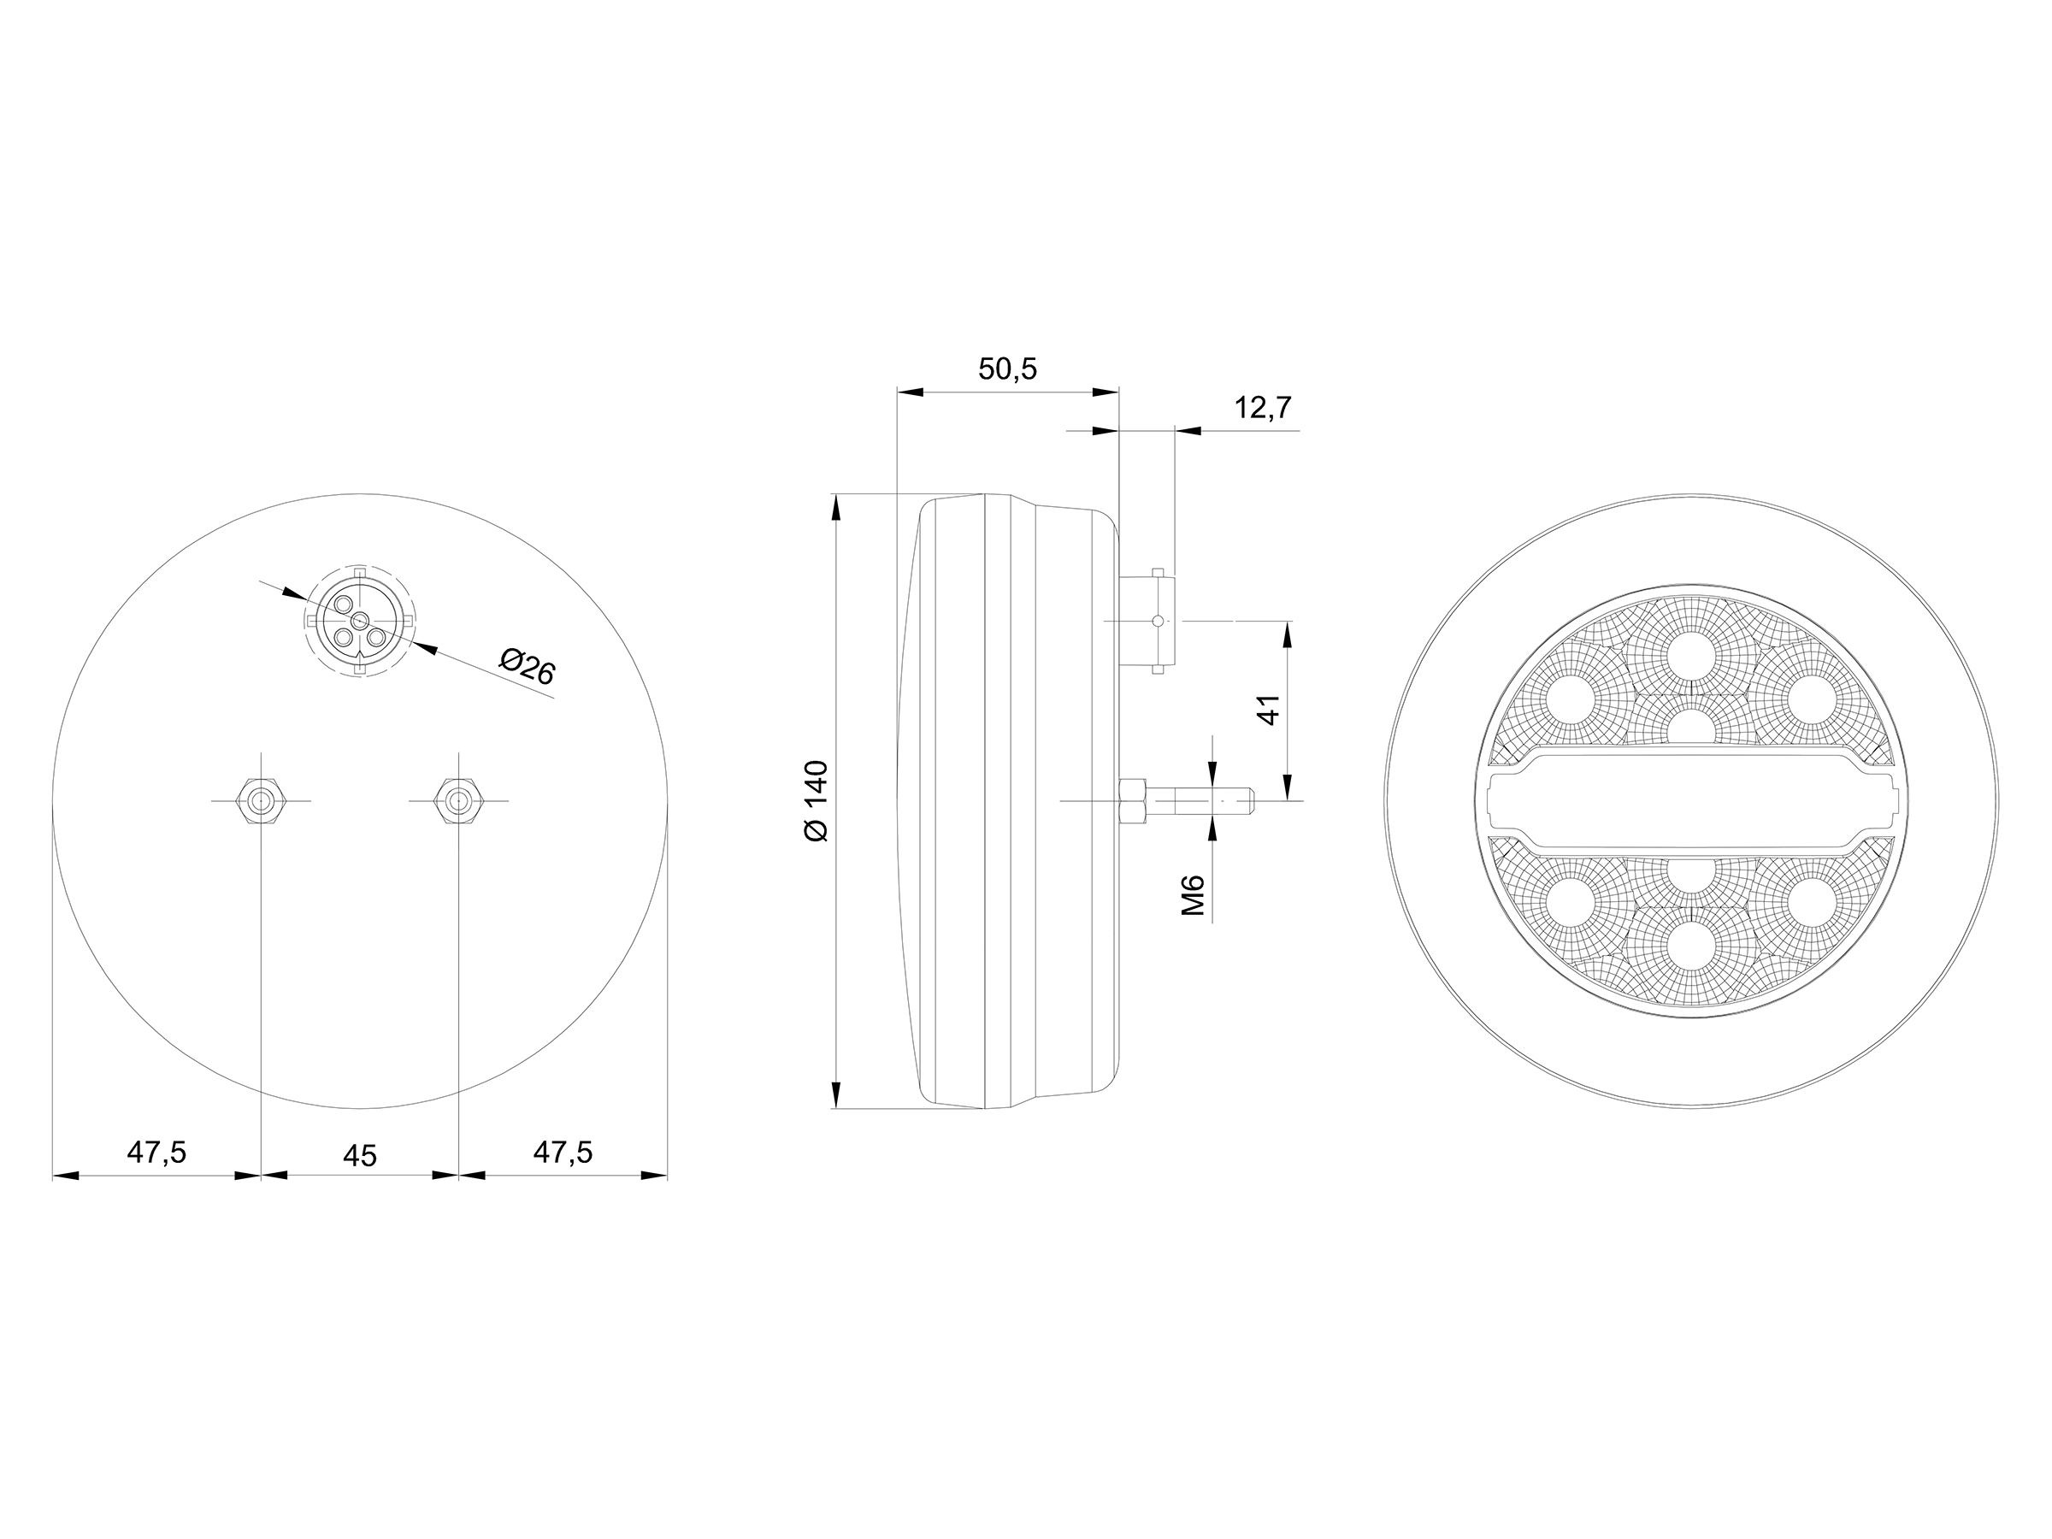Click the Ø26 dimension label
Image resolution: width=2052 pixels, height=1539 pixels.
[527, 667]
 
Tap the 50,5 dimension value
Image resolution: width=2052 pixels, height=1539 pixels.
[1007, 369]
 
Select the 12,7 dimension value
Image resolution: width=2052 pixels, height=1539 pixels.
[1263, 407]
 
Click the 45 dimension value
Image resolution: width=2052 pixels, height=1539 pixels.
[360, 1156]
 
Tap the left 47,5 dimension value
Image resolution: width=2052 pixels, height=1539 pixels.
[156, 1153]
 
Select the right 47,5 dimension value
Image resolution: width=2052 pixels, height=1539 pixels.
[563, 1153]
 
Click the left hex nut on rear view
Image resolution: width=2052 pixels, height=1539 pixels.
[262, 799]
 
